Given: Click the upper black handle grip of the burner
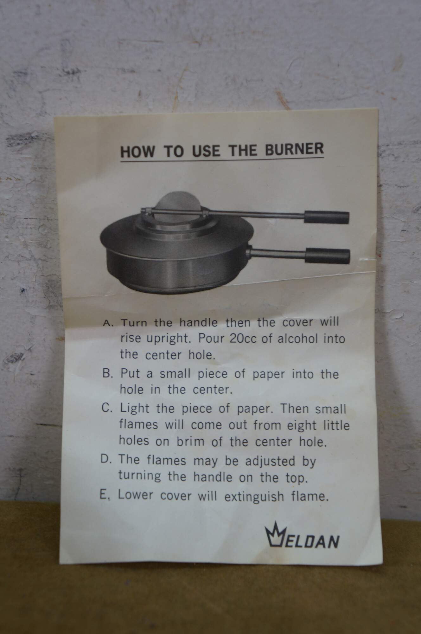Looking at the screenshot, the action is pyautogui.click(x=327, y=217).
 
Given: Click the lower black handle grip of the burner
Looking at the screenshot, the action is pyautogui.click(x=328, y=256).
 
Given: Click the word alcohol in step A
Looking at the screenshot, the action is pyautogui.click(x=297, y=339).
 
